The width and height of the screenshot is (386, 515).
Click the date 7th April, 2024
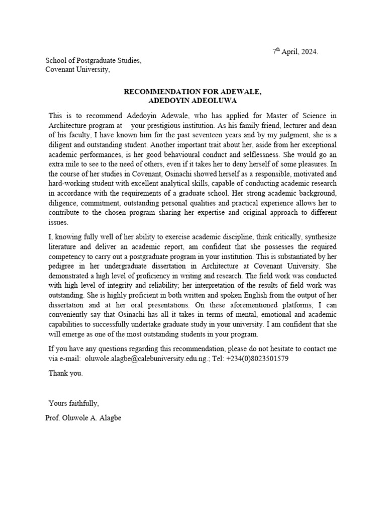point(295,52)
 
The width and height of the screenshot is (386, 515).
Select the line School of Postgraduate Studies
point(93,61)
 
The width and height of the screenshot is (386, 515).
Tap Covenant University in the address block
point(77,70)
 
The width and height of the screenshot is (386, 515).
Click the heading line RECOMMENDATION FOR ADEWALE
point(192,92)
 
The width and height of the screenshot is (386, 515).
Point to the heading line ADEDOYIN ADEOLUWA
point(192,101)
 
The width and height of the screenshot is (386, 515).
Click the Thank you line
point(65,374)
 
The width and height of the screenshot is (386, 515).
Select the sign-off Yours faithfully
point(73,403)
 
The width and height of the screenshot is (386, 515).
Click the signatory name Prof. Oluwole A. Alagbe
point(83,417)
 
